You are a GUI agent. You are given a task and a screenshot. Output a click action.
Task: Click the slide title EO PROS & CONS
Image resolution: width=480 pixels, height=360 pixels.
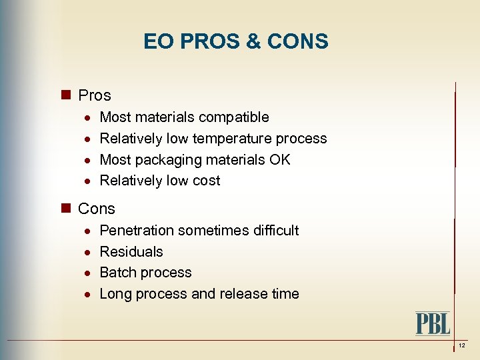[x=235, y=42]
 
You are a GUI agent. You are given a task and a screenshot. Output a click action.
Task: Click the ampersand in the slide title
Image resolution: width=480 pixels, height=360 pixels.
[x=254, y=42]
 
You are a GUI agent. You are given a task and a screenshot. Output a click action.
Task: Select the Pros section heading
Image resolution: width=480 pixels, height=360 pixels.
[x=94, y=95]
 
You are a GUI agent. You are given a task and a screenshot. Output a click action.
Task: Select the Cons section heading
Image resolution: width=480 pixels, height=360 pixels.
[x=96, y=209]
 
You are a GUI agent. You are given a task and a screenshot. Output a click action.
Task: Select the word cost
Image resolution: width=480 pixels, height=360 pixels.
[x=206, y=181]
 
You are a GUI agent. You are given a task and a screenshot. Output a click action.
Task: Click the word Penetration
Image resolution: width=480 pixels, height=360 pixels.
[x=137, y=231]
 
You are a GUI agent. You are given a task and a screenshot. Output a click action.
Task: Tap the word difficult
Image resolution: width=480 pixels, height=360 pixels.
[x=276, y=231]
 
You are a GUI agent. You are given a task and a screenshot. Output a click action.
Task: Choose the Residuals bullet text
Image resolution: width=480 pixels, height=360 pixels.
[x=131, y=252]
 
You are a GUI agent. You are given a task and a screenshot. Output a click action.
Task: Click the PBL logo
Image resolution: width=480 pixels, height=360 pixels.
[x=433, y=323]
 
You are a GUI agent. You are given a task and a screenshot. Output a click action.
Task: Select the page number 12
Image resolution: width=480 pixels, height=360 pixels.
[x=461, y=346]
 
